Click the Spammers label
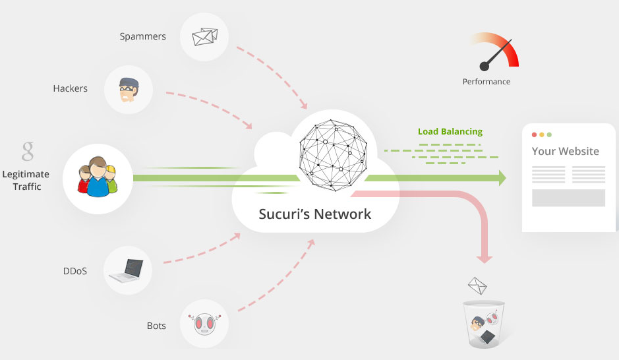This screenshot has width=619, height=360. [x=142, y=36]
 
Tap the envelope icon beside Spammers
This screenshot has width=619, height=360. [x=204, y=37]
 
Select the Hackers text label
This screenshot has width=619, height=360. [x=70, y=88]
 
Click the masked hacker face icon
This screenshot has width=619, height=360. [x=129, y=89]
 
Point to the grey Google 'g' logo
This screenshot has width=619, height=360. [x=28, y=151]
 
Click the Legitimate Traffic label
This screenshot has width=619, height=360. [x=26, y=181]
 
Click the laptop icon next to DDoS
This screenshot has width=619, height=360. [x=129, y=270]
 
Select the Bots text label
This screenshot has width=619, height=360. [x=156, y=326]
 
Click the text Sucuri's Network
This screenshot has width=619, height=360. [x=315, y=214]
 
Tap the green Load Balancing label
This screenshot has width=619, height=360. [x=450, y=131]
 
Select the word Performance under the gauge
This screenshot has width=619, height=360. [x=486, y=82]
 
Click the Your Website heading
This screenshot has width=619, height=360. [x=565, y=151]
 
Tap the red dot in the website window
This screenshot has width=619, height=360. [x=534, y=135]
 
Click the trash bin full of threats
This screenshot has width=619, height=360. [x=483, y=324]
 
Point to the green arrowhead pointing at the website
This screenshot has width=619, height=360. [x=502, y=177]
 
